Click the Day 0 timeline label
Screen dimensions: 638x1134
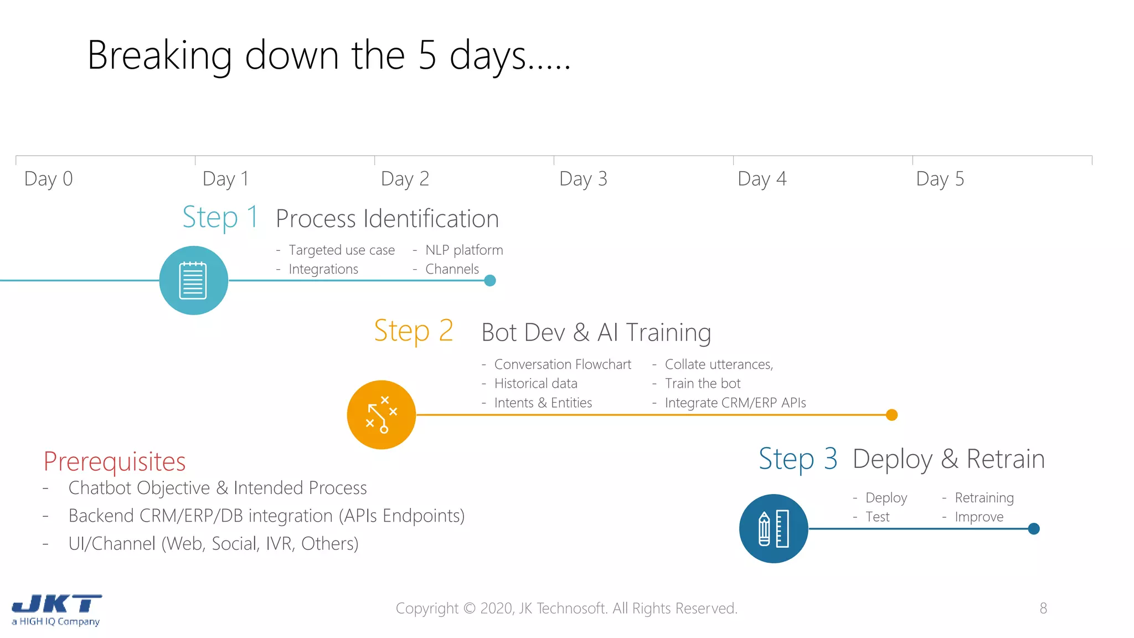[x=49, y=179]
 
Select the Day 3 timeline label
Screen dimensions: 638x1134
[x=583, y=179]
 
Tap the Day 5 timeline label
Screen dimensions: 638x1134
[x=940, y=179]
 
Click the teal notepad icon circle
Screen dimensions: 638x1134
[x=193, y=280]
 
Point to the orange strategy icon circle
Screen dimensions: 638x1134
[x=381, y=414]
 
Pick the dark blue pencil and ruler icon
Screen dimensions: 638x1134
[x=773, y=528]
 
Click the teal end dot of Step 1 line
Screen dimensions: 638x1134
[x=489, y=280]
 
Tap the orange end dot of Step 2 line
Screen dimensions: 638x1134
[x=891, y=415]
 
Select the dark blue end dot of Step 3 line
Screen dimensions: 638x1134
[x=1033, y=528]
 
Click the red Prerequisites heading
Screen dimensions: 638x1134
[x=115, y=461]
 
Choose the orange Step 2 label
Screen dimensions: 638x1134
[x=413, y=331]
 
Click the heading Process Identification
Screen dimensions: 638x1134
[x=387, y=219]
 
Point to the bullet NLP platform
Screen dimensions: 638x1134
[x=463, y=250]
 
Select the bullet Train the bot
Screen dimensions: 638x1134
[x=702, y=383]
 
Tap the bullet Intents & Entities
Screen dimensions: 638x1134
[x=543, y=403]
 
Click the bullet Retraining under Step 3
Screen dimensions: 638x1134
[x=984, y=497]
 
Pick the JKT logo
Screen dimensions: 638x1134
[x=56, y=609]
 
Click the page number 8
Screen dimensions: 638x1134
[x=1043, y=608]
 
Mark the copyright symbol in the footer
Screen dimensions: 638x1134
[x=469, y=608]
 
